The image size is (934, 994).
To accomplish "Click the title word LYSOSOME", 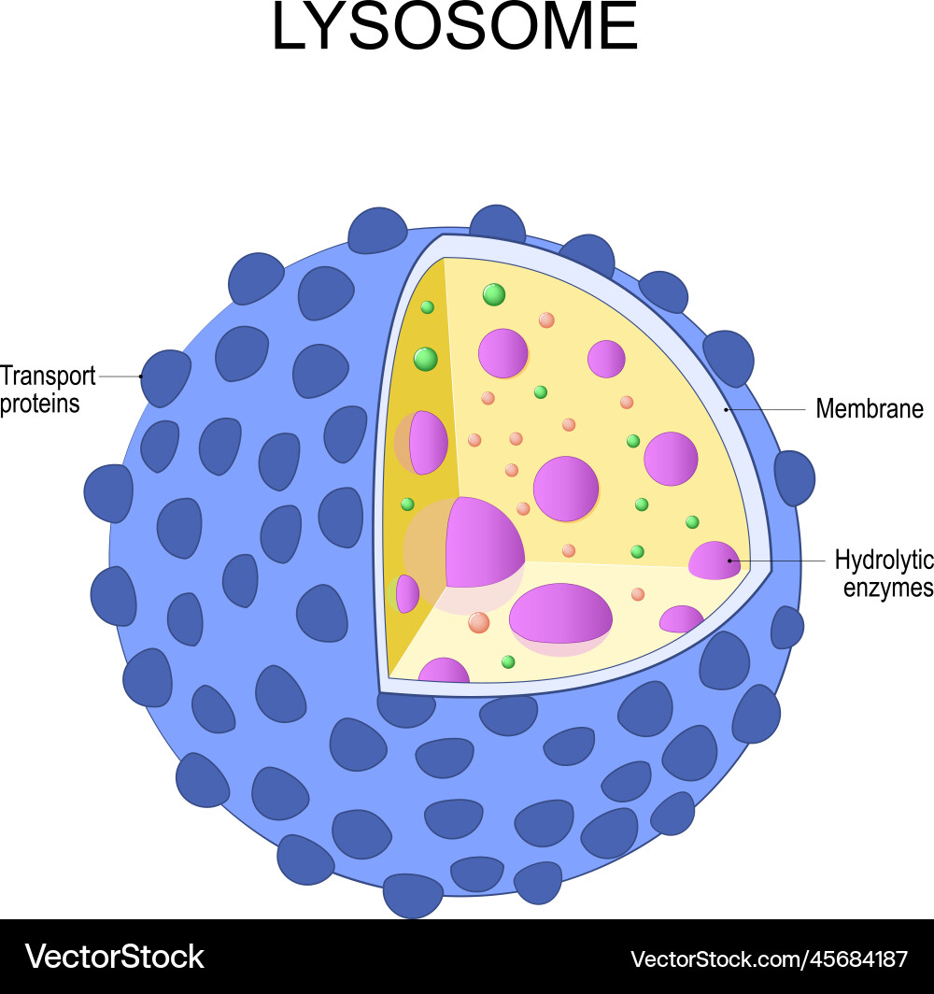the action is pos(454,26).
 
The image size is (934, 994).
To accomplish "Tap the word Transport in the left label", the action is pos(48,376).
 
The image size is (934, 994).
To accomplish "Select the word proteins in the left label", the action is pos(40,405).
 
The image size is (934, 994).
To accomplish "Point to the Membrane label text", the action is pos(870,409).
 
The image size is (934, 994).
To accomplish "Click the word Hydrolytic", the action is pos(884,560).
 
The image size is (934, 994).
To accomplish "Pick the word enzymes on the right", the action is pos(887,588).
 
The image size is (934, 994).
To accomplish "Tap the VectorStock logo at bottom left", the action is pos(114,957).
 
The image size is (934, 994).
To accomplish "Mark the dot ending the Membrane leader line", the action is pos(726,410).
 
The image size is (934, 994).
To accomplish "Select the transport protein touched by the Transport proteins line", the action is pos(164,377).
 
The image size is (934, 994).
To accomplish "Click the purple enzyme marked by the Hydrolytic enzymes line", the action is pos(715,561).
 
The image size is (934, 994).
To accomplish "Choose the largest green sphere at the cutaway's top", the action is pos(493,295).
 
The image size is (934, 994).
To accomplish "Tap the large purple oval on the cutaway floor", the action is pos(560,613).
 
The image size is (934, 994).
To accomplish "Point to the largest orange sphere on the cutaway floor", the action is pos(478,622).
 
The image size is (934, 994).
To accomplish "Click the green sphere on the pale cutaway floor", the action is pos(507,661).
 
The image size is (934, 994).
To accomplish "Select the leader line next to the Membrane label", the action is pos(766,410).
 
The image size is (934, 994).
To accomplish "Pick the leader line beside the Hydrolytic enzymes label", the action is pos(777,561).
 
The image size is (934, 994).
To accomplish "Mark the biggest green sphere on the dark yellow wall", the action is pos(425,359).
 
